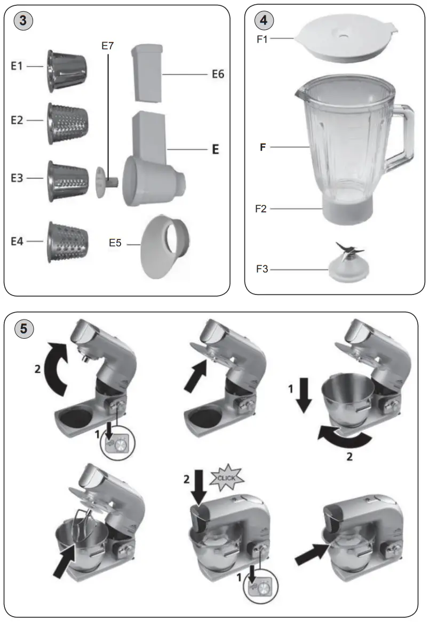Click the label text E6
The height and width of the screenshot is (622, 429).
click(216, 74)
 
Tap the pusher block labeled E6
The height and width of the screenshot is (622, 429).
click(146, 72)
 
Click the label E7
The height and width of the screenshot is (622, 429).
click(108, 46)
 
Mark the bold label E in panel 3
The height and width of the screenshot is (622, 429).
click(216, 149)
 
